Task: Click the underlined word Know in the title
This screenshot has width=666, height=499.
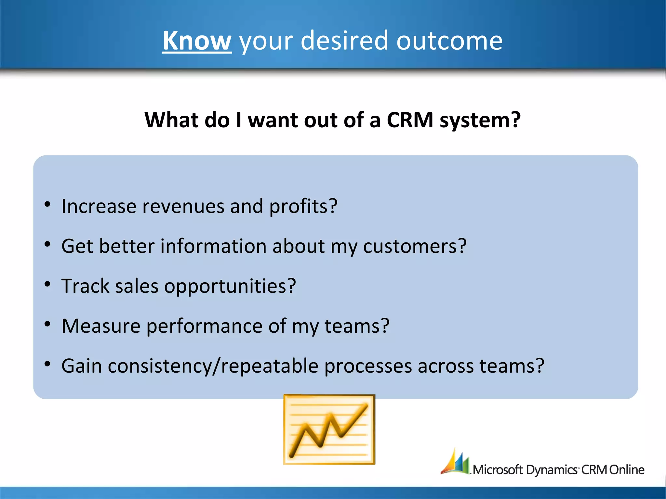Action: tap(197, 41)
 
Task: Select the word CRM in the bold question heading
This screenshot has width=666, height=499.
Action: tap(410, 120)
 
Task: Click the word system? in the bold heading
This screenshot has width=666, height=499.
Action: tap(480, 120)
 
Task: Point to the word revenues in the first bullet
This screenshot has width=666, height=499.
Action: tap(183, 206)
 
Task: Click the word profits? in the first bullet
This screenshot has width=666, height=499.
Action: tap(303, 206)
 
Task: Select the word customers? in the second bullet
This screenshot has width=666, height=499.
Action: tap(415, 246)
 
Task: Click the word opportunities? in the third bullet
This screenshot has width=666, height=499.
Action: tap(230, 286)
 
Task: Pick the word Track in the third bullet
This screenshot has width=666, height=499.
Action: tap(85, 286)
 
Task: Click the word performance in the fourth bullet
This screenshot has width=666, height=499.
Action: tap(204, 326)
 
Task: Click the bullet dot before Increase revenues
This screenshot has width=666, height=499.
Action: tap(47, 204)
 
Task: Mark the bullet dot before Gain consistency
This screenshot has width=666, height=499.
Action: tap(47, 364)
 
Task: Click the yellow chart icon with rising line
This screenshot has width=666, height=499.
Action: tap(329, 429)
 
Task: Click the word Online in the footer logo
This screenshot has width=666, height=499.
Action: tap(626, 470)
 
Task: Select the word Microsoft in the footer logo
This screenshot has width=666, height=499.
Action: tap(498, 470)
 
